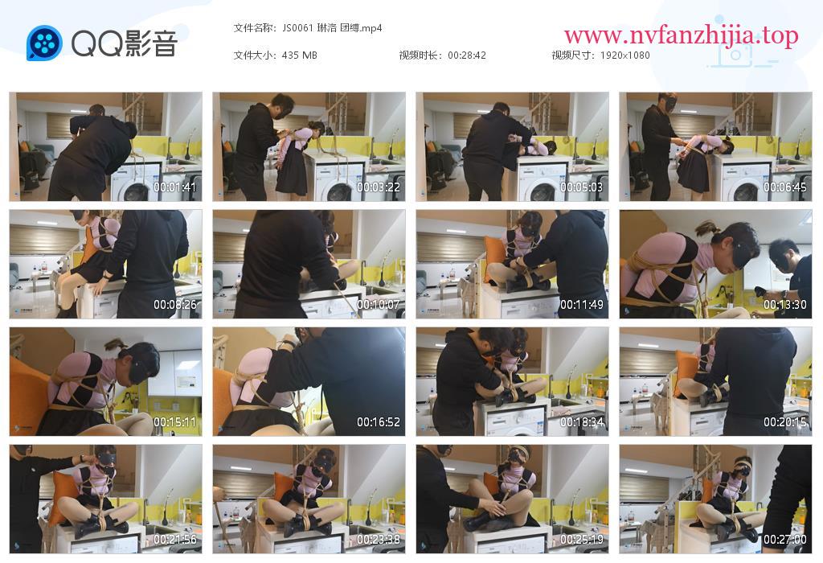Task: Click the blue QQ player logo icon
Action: [x=44, y=43]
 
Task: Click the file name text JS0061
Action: [x=297, y=28]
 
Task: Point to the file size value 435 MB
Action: [x=299, y=55]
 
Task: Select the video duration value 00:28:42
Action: [x=467, y=55]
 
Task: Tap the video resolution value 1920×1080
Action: [x=624, y=55]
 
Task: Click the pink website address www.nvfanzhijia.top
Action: [x=682, y=35]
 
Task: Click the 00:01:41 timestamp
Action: [x=174, y=187]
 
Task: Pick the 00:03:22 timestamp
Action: [x=379, y=187]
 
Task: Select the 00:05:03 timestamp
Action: [x=582, y=187]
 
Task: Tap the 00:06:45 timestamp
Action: [x=784, y=187]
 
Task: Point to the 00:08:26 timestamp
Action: [x=174, y=305]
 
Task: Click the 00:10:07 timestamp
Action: [x=379, y=305]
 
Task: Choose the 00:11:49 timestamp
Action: [x=582, y=305]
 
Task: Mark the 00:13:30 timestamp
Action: [x=784, y=305]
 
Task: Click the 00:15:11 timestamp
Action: [x=174, y=422]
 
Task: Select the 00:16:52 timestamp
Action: [x=379, y=422]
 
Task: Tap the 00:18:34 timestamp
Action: [x=582, y=422]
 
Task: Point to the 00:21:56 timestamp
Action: [x=174, y=540]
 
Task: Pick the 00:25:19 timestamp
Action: [x=582, y=540]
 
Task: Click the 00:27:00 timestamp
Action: [x=784, y=540]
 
